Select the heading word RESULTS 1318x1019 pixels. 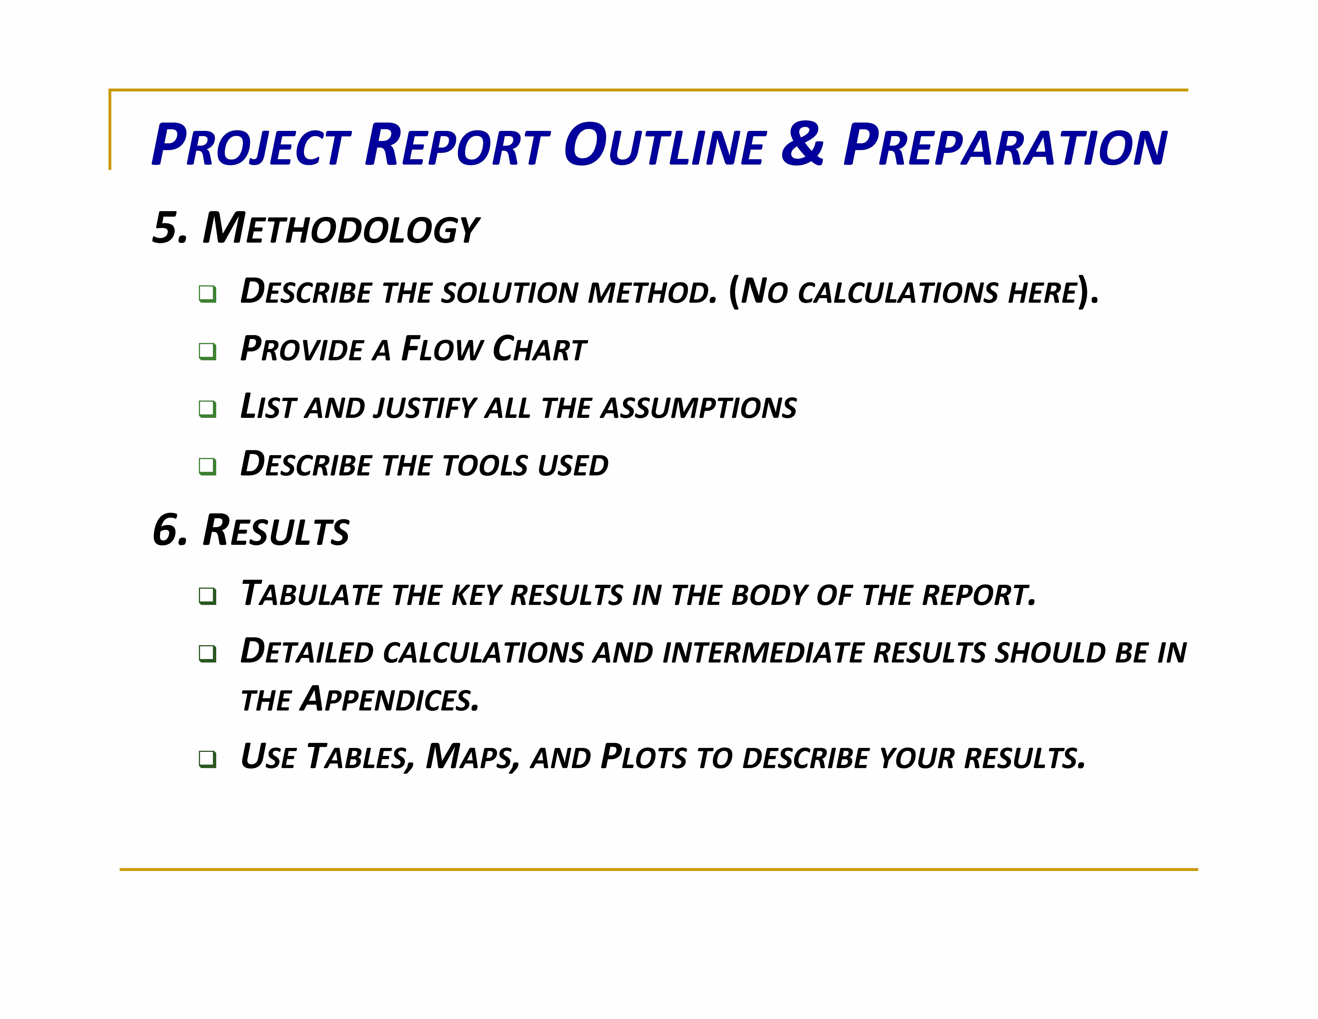pyautogui.click(x=276, y=530)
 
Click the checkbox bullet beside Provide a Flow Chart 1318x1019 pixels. pyautogui.click(x=207, y=351)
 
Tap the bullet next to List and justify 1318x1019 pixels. pyautogui.click(x=207, y=409)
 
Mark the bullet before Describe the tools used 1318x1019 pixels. pyautogui.click(x=207, y=466)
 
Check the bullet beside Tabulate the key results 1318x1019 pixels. pyautogui.click(x=207, y=596)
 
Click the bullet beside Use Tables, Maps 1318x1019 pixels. pyautogui.click(x=207, y=759)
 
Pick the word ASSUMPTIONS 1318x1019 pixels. pyautogui.click(x=699, y=407)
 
